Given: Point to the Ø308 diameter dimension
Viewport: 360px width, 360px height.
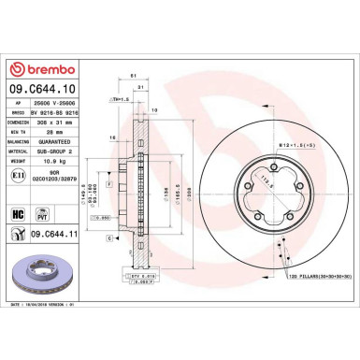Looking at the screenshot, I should tap(191, 194).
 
